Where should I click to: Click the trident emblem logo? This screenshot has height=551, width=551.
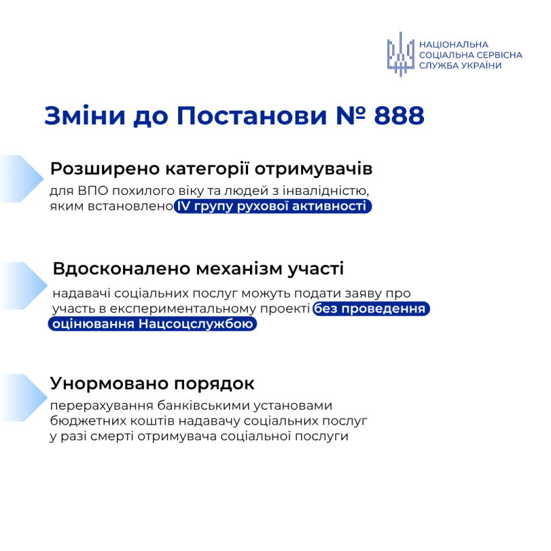tap(400, 54)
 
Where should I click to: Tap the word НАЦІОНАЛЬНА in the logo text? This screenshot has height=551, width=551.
tap(454, 44)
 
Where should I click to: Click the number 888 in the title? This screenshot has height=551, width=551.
tap(399, 116)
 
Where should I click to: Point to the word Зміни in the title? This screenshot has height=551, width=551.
tap(85, 116)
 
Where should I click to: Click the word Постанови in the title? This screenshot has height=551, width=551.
tap(251, 116)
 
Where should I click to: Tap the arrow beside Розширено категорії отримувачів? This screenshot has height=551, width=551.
tap(22, 179)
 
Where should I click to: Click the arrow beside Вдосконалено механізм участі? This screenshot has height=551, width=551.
tap(24, 286)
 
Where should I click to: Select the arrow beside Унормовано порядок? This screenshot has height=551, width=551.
tap(24, 398)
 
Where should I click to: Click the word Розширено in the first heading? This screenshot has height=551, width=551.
tap(105, 169)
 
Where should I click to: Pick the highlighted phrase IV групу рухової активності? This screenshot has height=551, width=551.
tap(273, 206)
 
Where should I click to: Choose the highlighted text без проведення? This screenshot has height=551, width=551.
tap(371, 308)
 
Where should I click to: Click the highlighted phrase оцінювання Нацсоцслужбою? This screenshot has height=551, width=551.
tap(153, 324)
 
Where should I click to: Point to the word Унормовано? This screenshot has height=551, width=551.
tap(109, 384)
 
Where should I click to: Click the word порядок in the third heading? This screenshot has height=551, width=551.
tap(214, 384)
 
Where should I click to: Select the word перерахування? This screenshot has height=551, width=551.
tap(101, 405)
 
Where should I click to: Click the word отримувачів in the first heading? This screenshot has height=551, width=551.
tap(313, 169)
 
